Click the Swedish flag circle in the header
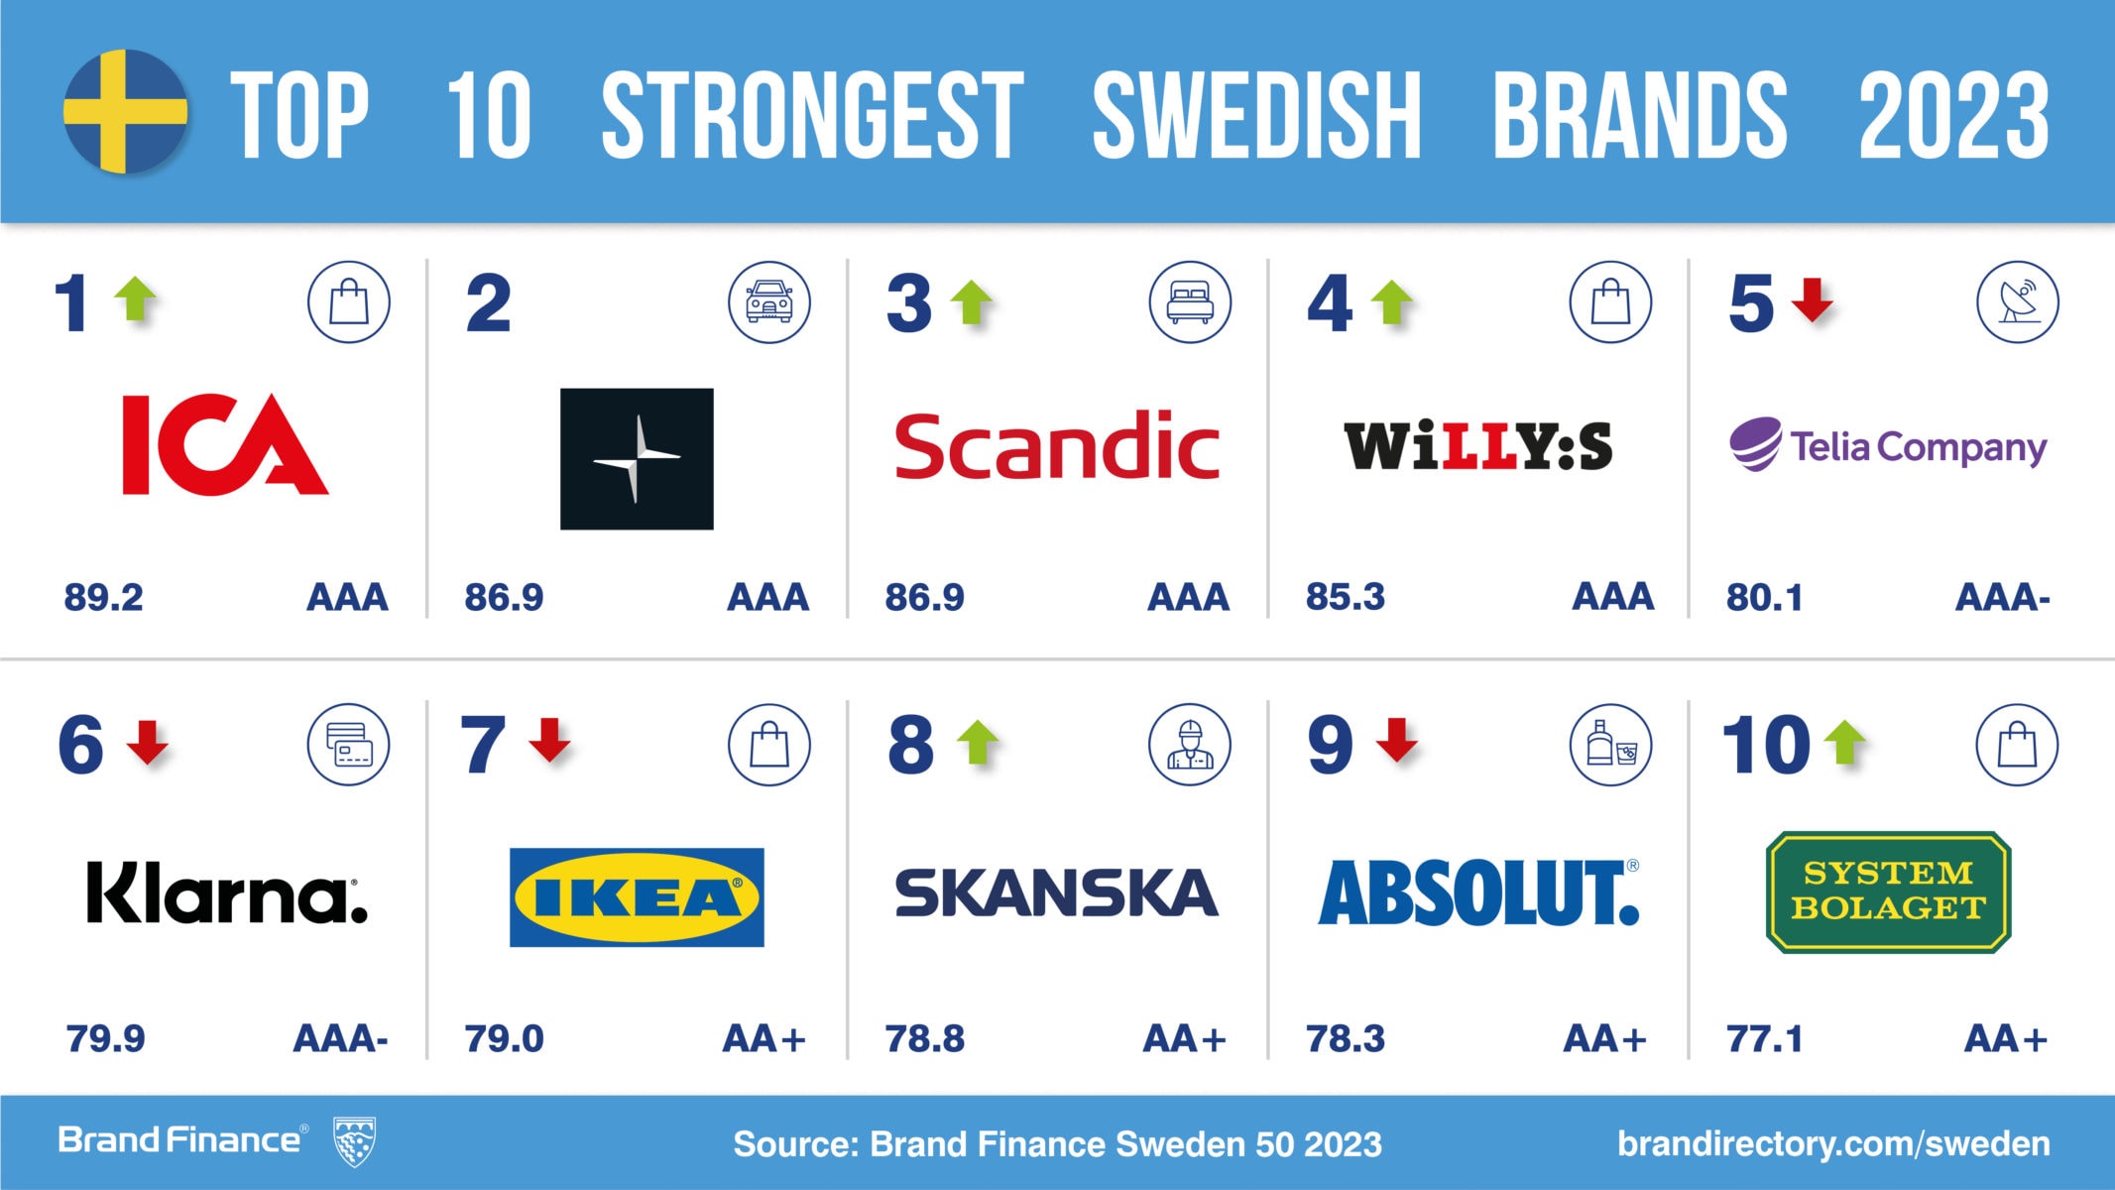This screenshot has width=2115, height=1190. pyautogui.click(x=125, y=111)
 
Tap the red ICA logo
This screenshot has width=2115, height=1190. pyautogui.click(x=224, y=444)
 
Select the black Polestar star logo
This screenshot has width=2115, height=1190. pyautogui.click(x=637, y=458)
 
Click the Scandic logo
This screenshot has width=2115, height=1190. pyautogui.click(x=1057, y=446)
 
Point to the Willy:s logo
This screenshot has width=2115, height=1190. pyautogui.click(x=1477, y=446)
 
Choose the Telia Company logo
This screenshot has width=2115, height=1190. pyautogui.click(x=1888, y=445)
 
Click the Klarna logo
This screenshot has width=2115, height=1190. pyautogui.click(x=227, y=892)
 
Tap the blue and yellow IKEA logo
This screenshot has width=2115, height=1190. pyautogui.click(x=637, y=897)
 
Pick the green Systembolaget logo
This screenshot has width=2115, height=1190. pyautogui.click(x=1889, y=892)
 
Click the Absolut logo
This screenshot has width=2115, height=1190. pyautogui.click(x=1477, y=892)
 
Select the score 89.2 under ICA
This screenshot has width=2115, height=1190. pyautogui.click(x=104, y=597)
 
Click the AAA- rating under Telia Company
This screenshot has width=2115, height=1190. pyautogui.click(x=2002, y=597)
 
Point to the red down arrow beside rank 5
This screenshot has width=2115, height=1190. pyautogui.click(x=1813, y=299)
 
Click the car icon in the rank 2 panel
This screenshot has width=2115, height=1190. pyautogui.click(x=769, y=301)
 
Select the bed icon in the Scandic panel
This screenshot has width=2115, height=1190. pyautogui.click(x=1190, y=301)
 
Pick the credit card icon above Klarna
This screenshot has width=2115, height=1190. pyautogui.click(x=348, y=745)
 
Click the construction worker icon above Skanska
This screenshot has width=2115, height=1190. pyautogui.click(x=1190, y=745)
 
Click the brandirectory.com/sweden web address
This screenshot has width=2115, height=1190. pyautogui.click(x=1833, y=1143)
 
